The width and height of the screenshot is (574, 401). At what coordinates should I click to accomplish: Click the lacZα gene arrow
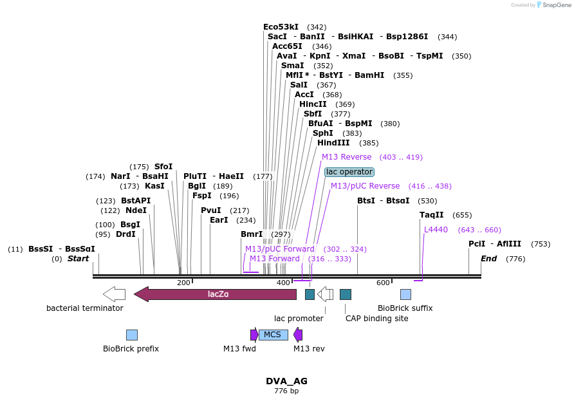[x=216, y=294]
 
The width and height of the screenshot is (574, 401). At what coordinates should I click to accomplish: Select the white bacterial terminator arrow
[x=115, y=294]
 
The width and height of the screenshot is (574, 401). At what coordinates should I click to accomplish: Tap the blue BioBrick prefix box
[x=132, y=335]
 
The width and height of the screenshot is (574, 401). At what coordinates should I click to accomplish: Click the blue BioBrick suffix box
[x=405, y=294]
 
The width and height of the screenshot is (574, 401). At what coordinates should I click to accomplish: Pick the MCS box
[x=273, y=335]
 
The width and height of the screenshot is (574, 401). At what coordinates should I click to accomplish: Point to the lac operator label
[x=349, y=172]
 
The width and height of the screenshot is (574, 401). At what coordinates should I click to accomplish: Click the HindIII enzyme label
[x=333, y=143]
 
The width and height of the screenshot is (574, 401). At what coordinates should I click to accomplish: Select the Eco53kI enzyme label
[x=281, y=27]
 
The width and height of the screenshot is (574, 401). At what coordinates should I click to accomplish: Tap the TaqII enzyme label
[x=431, y=215]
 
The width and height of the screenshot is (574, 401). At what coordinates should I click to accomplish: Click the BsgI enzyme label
[x=130, y=225]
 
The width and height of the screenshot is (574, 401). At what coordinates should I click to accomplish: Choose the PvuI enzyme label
[x=211, y=210]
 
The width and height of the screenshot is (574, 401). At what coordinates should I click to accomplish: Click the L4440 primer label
[x=436, y=230]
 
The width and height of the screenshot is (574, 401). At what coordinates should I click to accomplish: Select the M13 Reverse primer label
[x=346, y=157]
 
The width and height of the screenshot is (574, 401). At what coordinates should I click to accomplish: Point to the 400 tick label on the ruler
[x=283, y=283]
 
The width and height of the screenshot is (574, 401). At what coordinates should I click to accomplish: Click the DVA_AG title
[x=286, y=381]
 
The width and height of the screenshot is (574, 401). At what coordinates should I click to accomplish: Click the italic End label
[x=489, y=259]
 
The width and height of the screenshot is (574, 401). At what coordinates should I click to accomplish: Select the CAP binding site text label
[x=376, y=318]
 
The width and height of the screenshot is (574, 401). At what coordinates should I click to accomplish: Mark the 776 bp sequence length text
[x=286, y=391]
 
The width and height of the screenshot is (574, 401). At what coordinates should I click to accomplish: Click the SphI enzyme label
[x=323, y=133]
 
